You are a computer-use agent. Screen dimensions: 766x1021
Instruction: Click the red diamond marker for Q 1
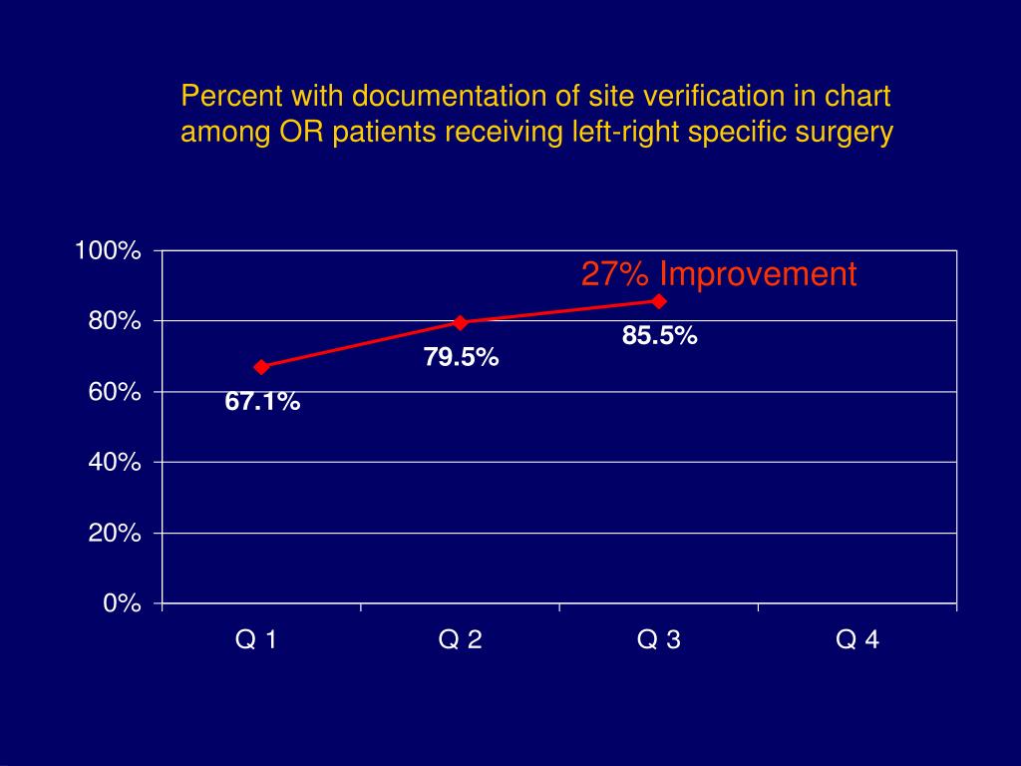point(261,367)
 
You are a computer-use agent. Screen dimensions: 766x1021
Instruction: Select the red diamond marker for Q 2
point(461,322)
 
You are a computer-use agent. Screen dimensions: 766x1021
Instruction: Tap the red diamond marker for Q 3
point(659,300)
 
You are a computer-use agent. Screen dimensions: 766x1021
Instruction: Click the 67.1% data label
point(262,402)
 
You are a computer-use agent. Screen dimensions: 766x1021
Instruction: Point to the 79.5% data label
point(461,357)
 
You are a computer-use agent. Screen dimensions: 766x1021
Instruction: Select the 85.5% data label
point(659,336)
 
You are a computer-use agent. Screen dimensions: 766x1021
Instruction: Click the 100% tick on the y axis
point(108,250)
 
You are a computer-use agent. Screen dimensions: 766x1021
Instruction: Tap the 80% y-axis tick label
point(113,321)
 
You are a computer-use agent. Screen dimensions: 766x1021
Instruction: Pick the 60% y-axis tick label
point(113,392)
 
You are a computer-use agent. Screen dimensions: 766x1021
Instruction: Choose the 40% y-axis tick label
point(113,463)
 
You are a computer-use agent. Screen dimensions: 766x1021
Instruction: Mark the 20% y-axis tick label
point(113,534)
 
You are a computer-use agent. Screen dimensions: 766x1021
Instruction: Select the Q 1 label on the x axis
point(256,640)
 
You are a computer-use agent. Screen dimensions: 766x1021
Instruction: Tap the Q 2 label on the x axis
point(460,640)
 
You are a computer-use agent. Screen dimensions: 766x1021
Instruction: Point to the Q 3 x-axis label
point(659,640)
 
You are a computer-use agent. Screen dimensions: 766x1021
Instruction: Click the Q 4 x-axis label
point(857,640)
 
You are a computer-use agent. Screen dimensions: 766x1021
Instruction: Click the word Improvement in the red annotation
point(758,274)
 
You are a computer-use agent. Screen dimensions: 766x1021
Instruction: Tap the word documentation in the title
point(436,97)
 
